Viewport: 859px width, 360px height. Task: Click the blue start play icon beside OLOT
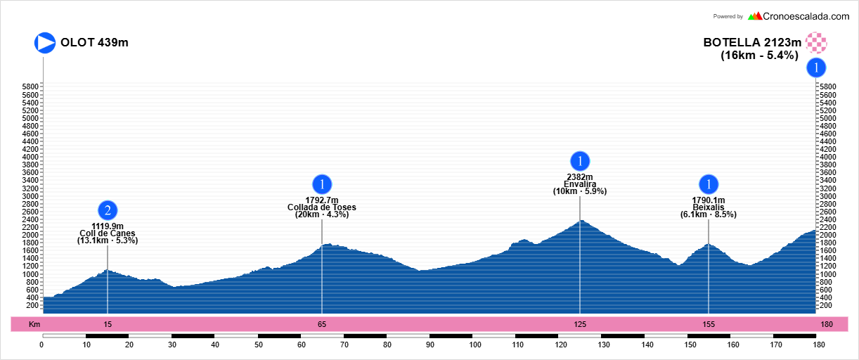45,43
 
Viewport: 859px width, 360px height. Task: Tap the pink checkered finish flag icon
816,43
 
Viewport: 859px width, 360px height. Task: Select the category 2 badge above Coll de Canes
108,210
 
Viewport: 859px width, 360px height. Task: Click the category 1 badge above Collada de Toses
322,184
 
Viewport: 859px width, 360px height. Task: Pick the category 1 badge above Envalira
580,160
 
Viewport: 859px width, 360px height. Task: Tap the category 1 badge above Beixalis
709,184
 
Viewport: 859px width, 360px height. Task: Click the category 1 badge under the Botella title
816,67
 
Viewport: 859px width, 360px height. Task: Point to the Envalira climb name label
580,184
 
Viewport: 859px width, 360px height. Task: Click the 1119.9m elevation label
108,226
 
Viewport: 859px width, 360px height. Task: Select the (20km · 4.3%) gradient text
322,215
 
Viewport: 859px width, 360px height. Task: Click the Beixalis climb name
709,207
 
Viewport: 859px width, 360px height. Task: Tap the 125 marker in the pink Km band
580,324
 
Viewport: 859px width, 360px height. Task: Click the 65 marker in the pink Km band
322,324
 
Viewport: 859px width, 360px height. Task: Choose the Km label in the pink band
34,324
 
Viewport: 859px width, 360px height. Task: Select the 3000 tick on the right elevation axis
827,196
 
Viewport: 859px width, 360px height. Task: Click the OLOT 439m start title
94,43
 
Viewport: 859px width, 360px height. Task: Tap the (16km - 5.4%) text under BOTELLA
759,55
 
